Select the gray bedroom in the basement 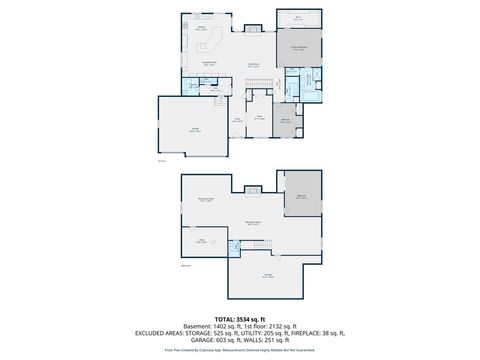pos(300,196)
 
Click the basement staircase pos(262,244)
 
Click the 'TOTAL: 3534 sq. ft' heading pos(240,317)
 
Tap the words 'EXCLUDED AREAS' pos(155,332)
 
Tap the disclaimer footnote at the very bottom pos(240,350)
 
